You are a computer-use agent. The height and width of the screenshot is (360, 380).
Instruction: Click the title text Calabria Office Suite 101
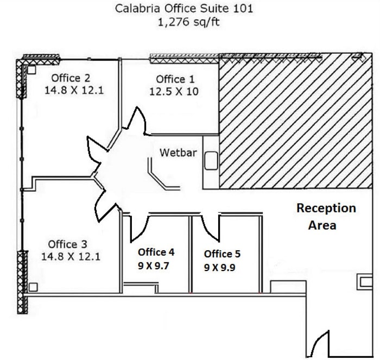click(x=184, y=9)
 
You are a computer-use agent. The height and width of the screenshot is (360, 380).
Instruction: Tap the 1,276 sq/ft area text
click(x=188, y=22)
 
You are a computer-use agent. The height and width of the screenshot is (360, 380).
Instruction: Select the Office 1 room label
click(x=175, y=79)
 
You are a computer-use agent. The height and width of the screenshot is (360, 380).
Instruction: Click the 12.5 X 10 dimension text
click(x=174, y=91)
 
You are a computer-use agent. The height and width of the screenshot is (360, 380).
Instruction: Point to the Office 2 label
click(x=71, y=78)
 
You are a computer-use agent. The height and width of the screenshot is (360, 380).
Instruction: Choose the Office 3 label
click(x=67, y=244)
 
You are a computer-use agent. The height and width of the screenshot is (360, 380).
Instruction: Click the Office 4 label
click(x=156, y=252)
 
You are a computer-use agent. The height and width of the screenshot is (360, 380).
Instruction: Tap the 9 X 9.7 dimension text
click(x=154, y=266)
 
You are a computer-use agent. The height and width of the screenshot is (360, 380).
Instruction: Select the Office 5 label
click(x=222, y=254)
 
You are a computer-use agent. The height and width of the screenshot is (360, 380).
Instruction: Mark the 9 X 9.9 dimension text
click(x=219, y=268)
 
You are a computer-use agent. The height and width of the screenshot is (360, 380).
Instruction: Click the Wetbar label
click(x=178, y=153)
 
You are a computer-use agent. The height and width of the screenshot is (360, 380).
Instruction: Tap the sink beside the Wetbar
click(x=211, y=161)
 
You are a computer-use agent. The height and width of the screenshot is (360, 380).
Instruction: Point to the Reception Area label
click(x=326, y=217)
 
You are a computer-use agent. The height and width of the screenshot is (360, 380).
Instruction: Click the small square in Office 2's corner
click(x=31, y=70)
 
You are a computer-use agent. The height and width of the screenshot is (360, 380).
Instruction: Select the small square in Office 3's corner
click(x=33, y=287)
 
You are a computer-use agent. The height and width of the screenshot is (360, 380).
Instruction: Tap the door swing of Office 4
click(x=140, y=228)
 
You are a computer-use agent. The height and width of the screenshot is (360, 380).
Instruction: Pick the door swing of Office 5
click(x=211, y=228)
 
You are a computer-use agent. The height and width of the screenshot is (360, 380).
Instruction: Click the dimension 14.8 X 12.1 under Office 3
click(x=71, y=256)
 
